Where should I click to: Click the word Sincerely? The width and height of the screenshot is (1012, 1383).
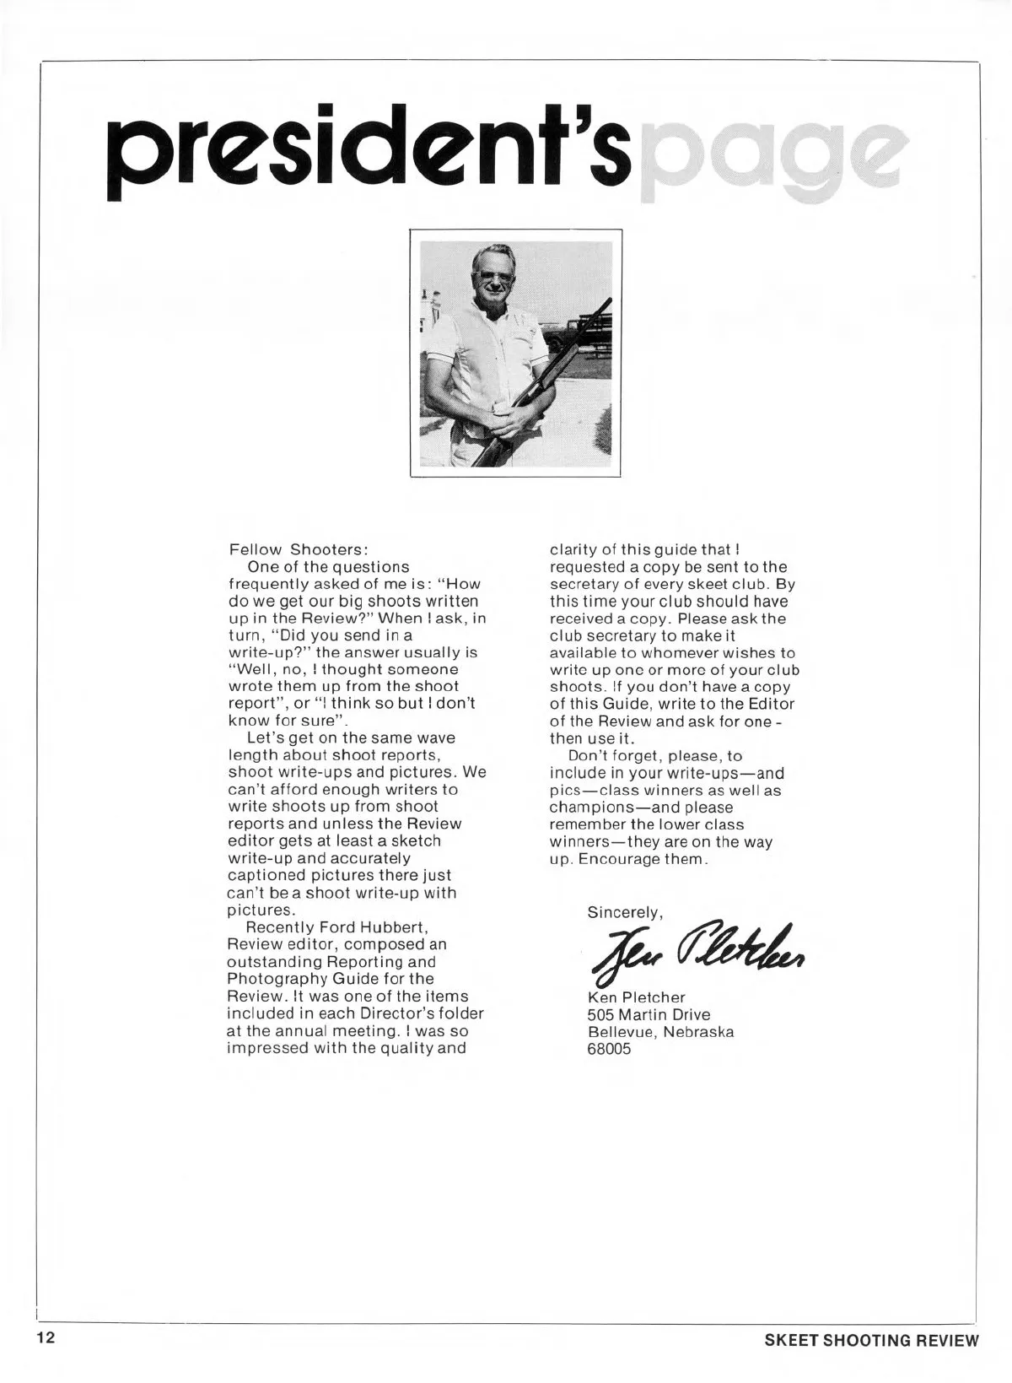click(625, 912)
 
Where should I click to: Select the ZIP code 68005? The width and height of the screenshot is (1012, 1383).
click(609, 1050)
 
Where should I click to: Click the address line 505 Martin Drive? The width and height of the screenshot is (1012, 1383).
click(649, 1015)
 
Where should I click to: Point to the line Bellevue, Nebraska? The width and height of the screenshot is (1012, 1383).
click(660, 1032)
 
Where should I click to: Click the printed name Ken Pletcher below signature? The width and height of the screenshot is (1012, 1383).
click(636, 997)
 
